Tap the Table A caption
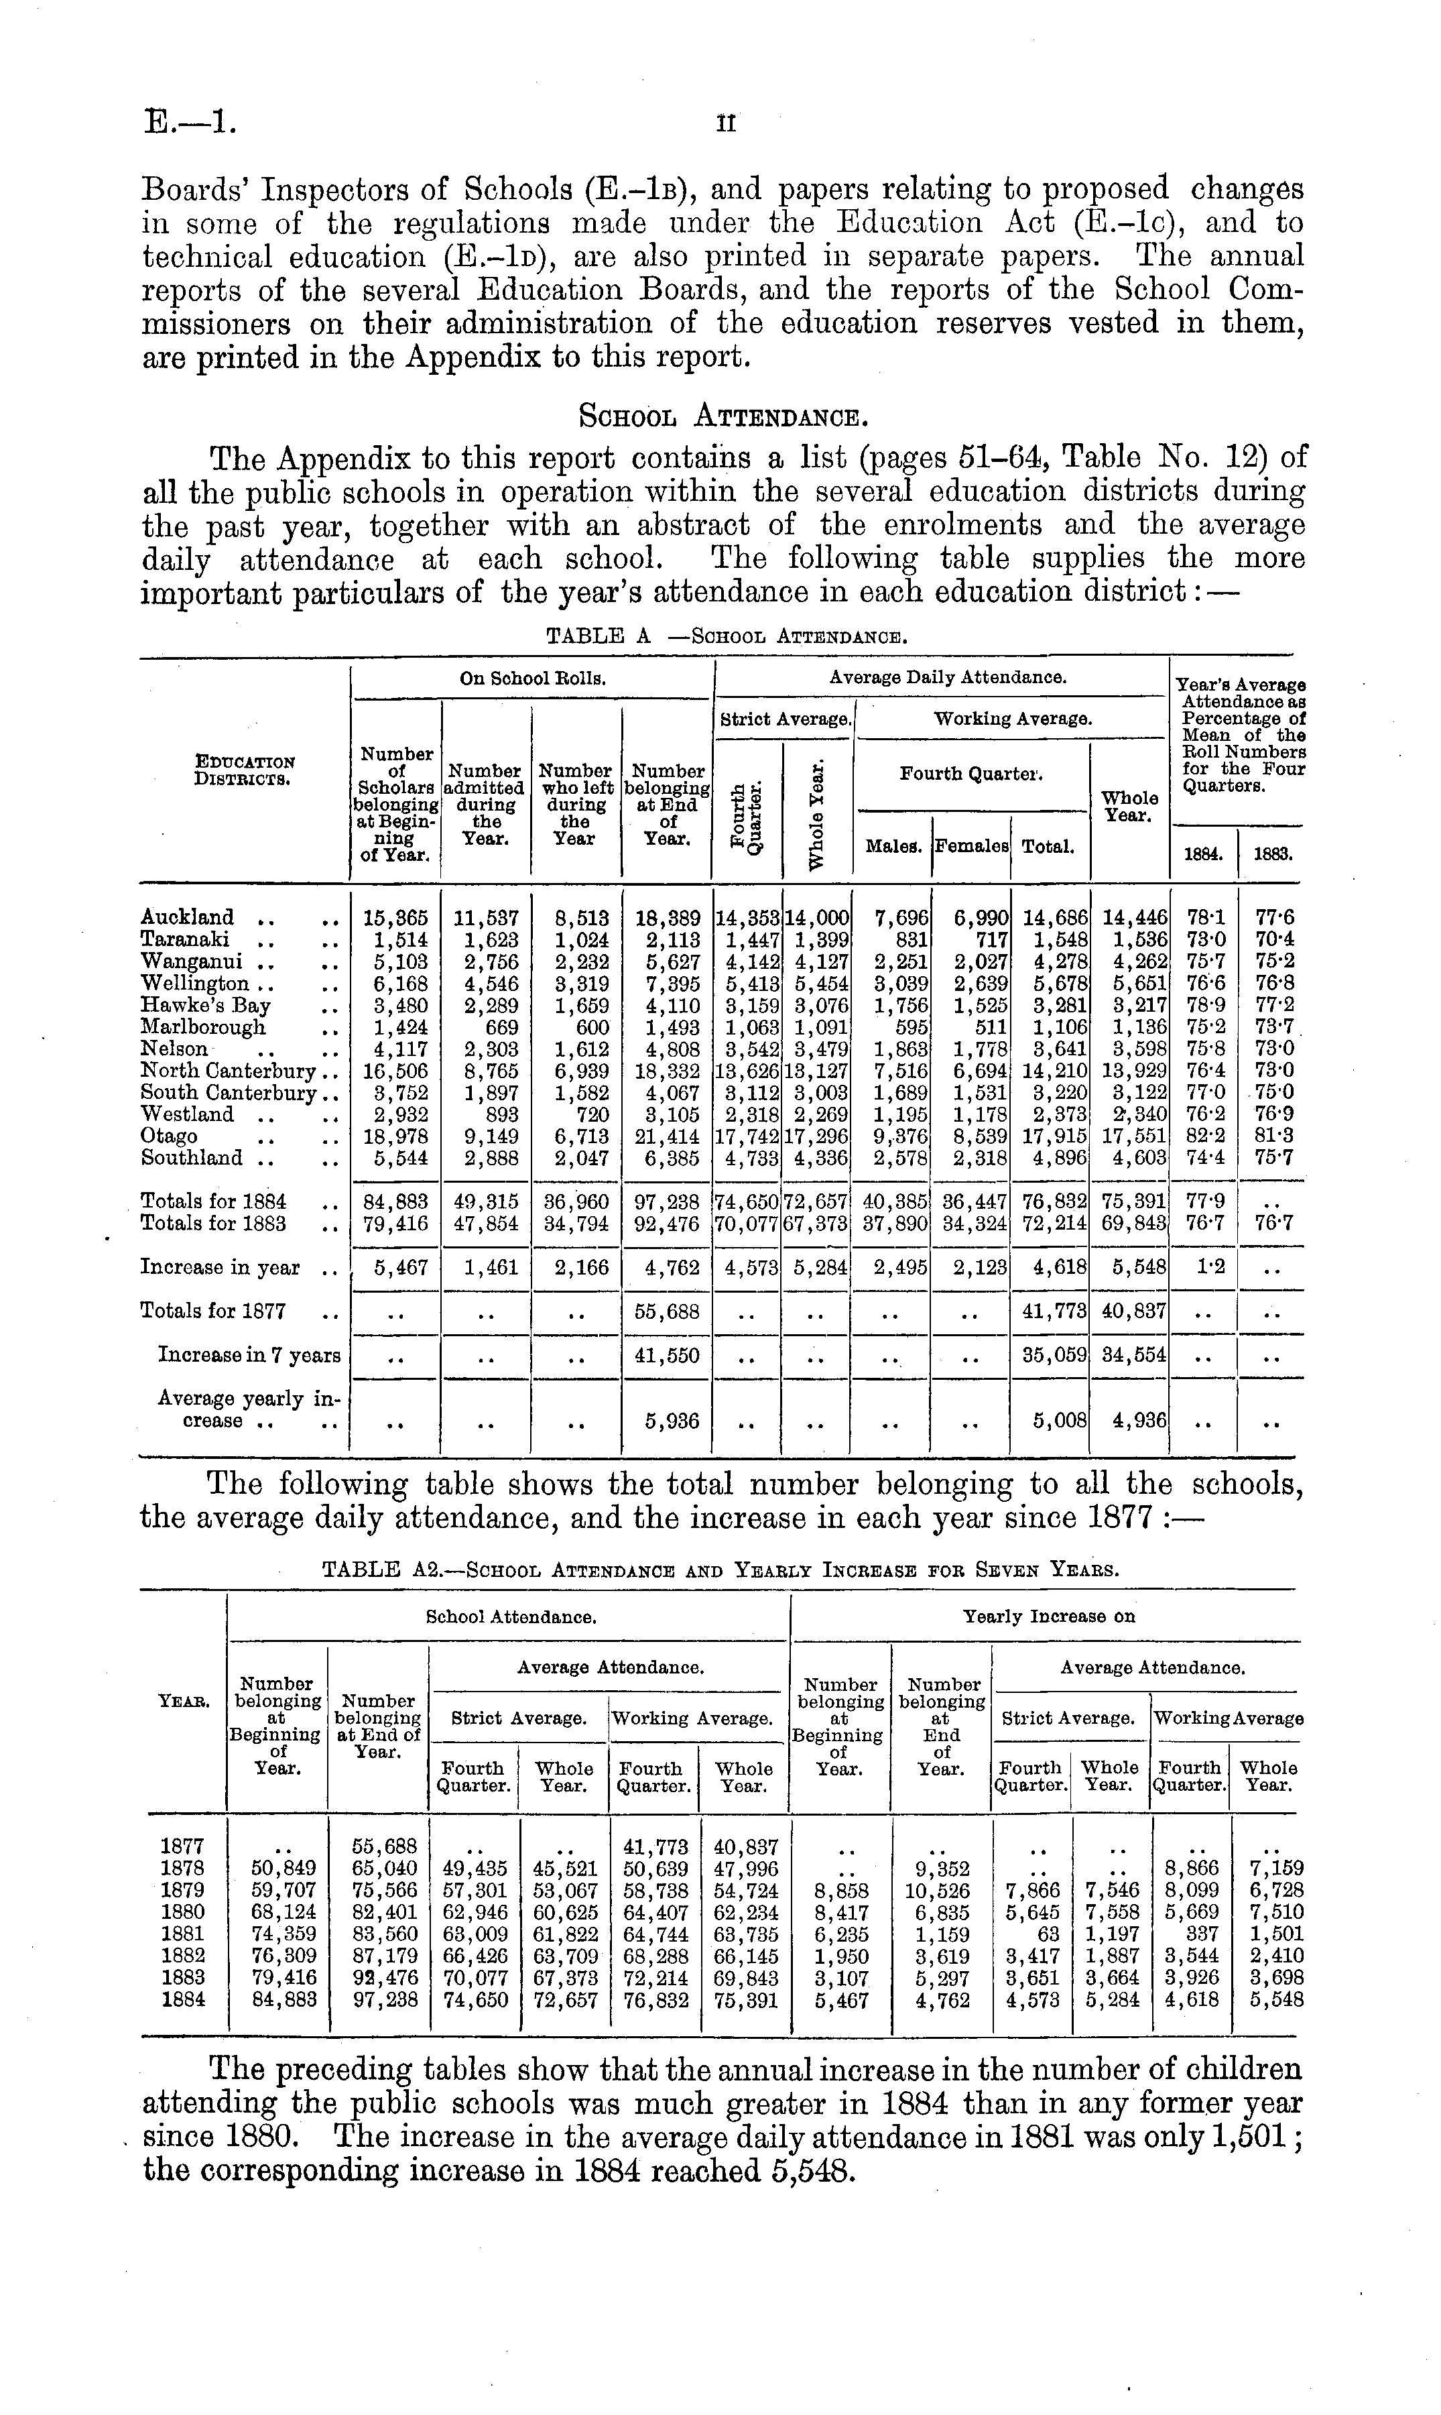point(727,637)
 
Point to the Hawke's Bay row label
point(205,1005)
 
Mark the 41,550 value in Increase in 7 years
point(667,1354)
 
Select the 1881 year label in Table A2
point(182,1934)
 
